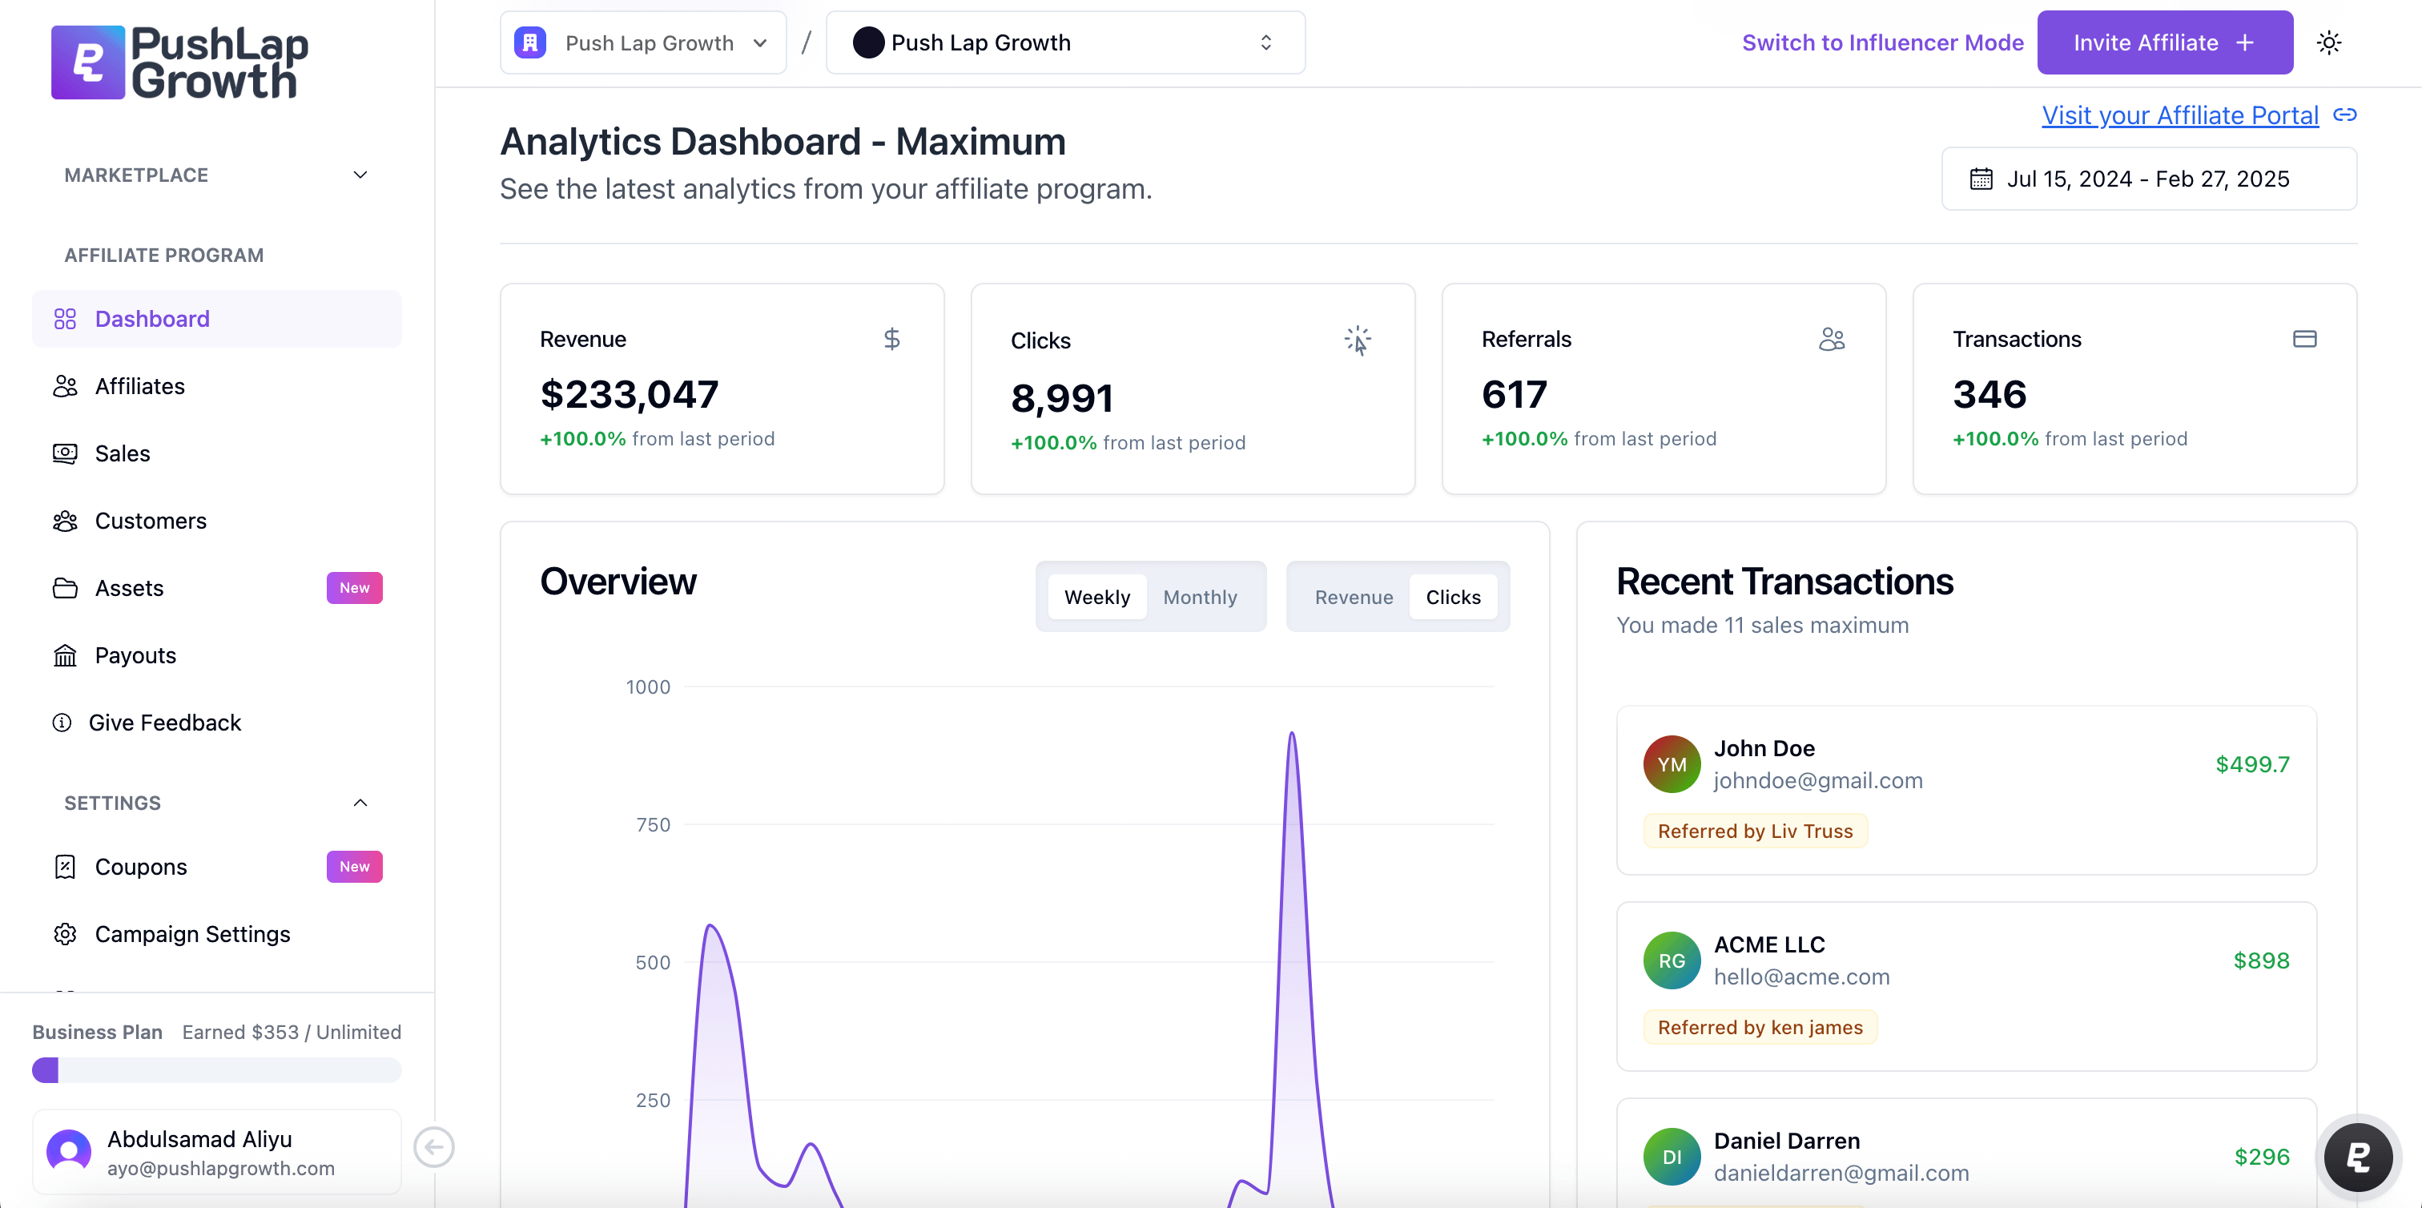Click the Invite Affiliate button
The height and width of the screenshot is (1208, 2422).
pos(2163,42)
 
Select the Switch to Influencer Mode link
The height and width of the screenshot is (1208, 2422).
pos(1882,42)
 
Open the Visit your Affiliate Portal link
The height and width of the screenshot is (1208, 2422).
pos(2179,115)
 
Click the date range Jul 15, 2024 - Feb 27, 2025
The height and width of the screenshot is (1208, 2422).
pos(2147,179)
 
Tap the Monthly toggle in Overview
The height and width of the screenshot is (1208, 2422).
pos(1200,597)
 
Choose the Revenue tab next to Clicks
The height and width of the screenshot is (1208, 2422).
pos(1353,597)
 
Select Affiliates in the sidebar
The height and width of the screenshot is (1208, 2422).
pos(139,386)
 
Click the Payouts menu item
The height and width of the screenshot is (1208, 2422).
pos(135,655)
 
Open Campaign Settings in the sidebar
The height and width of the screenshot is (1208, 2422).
pos(191,933)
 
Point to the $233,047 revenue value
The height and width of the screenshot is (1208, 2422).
pos(629,394)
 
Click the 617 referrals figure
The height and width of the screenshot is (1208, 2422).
pos(1514,394)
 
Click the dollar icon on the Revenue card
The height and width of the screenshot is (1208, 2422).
pos(891,338)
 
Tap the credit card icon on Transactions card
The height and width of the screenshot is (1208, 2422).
pos(2304,338)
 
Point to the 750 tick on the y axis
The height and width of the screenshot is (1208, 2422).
pos(653,824)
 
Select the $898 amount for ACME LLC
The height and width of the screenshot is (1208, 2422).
pos(2261,960)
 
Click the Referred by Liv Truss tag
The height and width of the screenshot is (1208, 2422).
pos(1755,831)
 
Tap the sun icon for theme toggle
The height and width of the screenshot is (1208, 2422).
pos(2329,42)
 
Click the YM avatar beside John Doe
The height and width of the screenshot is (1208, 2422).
pos(1672,764)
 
